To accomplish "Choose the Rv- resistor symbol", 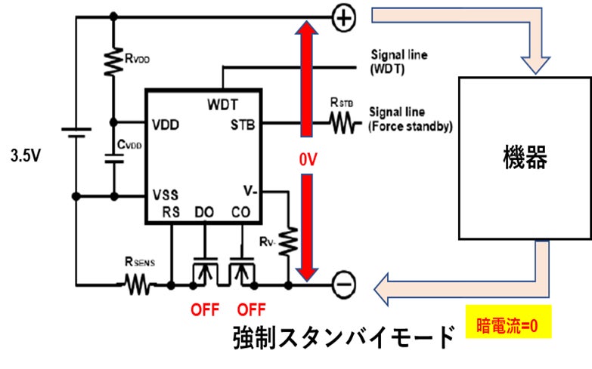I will click(288, 241).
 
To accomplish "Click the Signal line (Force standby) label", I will click(409, 119).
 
